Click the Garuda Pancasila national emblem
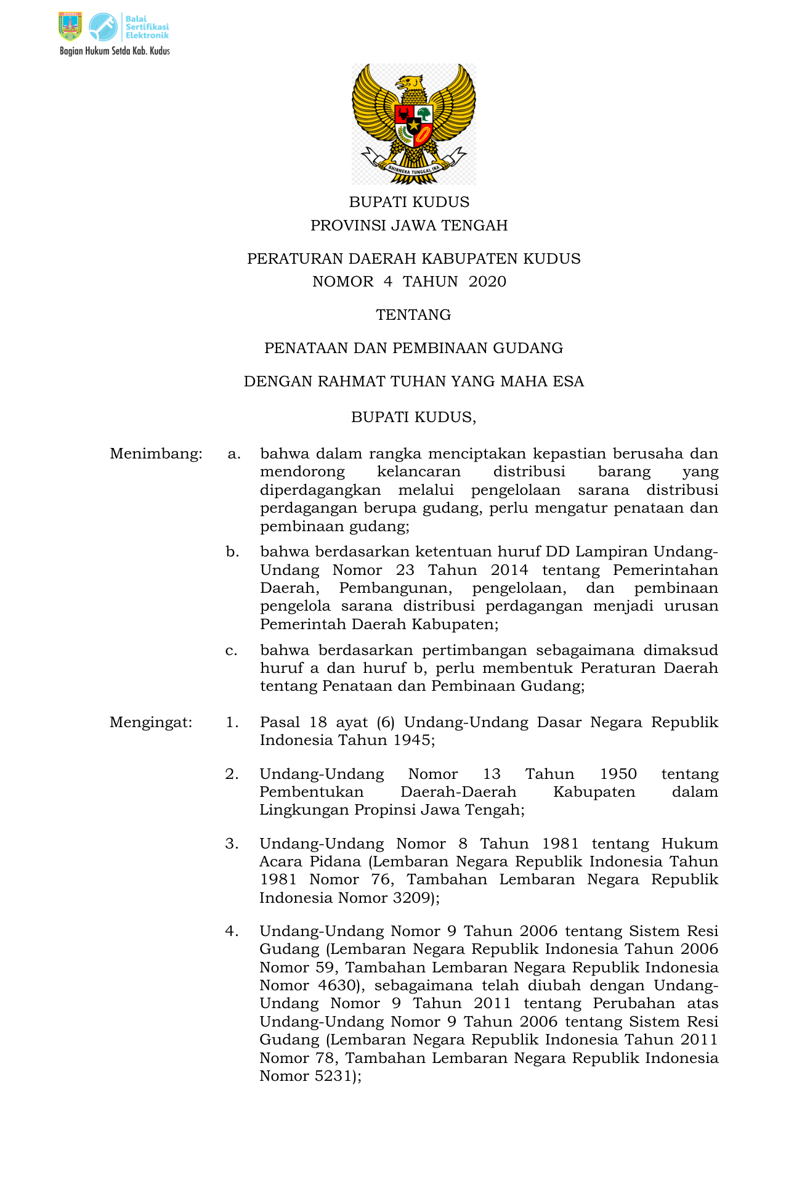pos(413,124)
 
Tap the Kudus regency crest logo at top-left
pos(70,26)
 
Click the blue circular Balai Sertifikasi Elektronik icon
pos(103,26)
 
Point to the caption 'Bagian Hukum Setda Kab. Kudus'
pos(115,51)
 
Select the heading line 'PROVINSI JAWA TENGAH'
pos(409,226)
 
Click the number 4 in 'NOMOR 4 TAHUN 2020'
pos(387,282)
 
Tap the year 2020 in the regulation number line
pos(487,282)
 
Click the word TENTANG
pos(413,315)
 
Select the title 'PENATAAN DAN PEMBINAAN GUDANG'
pos(413,348)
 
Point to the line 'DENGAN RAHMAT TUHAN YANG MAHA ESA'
pos(413,381)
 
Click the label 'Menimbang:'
pos(156,454)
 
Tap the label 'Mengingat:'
pos(151,722)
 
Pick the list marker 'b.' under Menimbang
pos(232,552)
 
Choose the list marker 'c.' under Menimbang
pos(232,651)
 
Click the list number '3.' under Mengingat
pos(232,844)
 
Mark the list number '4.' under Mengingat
pos(232,931)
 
